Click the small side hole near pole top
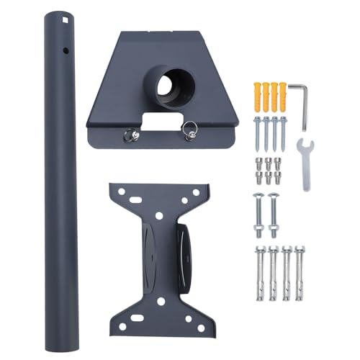click(x=66, y=51)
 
